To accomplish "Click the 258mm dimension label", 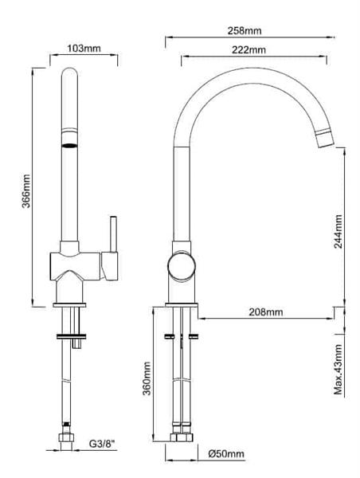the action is [x=245, y=30].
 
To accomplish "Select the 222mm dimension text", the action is [x=248, y=49].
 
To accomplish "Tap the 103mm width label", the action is [x=84, y=48].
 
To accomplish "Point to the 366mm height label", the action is [x=26, y=191].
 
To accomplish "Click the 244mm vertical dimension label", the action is [x=338, y=231].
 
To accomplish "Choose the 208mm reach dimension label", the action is [x=266, y=312].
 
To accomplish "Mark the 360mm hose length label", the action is [x=147, y=378].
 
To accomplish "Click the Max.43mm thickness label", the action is [x=338, y=370].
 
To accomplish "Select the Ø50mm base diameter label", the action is [x=226, y=454].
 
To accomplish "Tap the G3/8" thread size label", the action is [x=103, y=444].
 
